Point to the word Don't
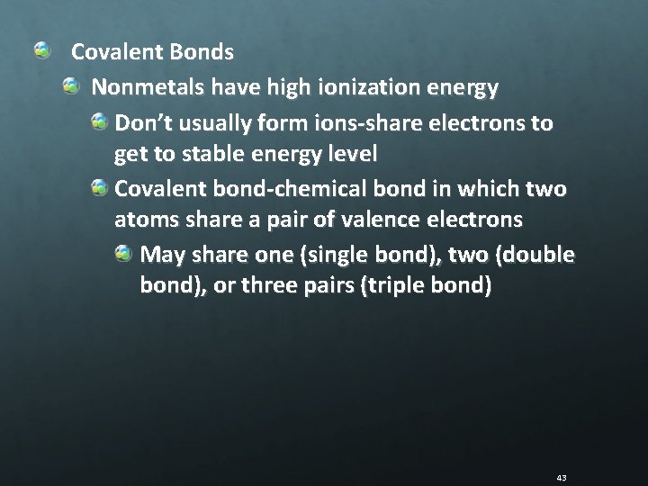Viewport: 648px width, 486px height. (141, 122)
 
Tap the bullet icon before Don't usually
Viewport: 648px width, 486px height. (99, 121)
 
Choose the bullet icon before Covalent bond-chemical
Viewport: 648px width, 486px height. (99, 186)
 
